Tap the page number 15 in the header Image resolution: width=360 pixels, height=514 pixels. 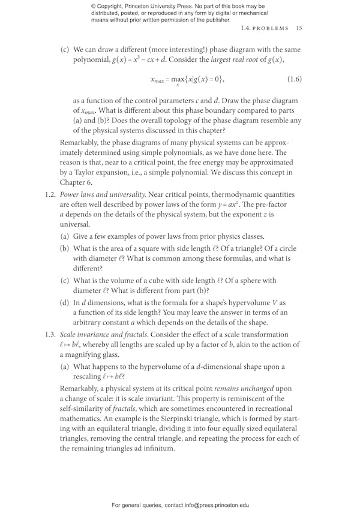pos(299,28)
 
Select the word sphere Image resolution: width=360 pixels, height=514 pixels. pos(239,280)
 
